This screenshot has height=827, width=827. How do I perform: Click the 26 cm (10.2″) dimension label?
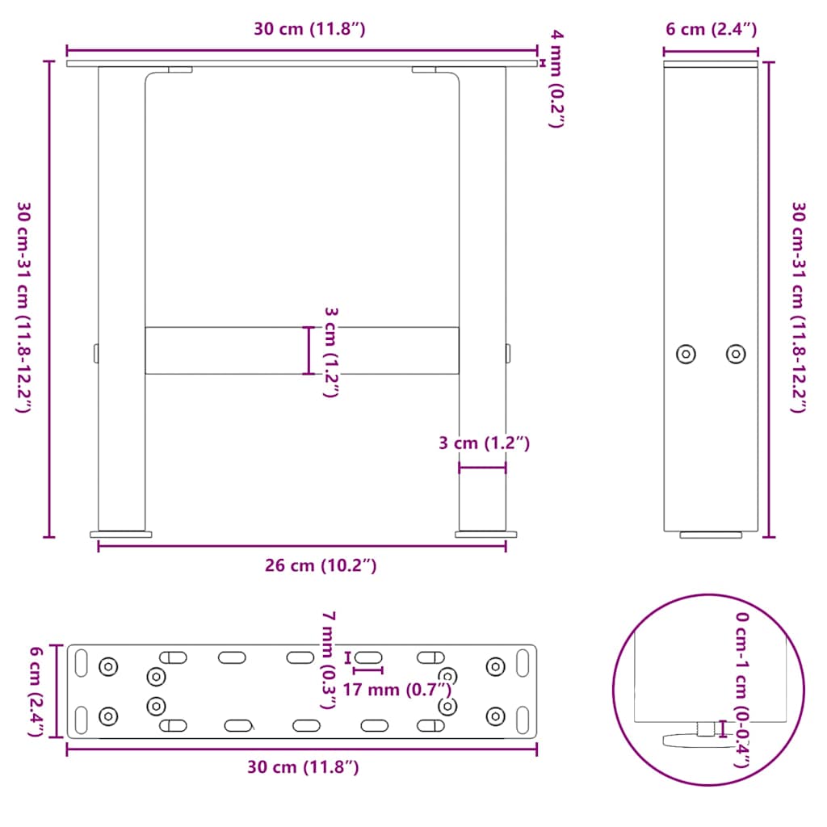321,566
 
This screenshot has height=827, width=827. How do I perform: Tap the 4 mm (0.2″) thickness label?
556,78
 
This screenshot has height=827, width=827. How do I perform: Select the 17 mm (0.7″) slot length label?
396,689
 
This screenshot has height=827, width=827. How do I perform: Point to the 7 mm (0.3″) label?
327,659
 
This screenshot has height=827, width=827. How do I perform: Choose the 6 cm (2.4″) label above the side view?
711,30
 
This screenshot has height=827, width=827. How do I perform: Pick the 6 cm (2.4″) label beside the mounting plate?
35,691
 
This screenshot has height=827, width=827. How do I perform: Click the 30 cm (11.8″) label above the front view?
310,30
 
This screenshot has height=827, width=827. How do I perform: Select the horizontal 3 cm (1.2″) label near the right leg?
483,443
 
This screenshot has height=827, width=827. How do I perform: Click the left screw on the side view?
686,354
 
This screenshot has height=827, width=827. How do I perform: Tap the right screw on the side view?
736,354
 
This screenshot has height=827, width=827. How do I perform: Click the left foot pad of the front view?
121,534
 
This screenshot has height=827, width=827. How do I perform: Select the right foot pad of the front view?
486,534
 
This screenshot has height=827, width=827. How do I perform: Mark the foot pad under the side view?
711,535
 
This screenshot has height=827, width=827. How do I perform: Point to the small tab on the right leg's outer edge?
508,353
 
